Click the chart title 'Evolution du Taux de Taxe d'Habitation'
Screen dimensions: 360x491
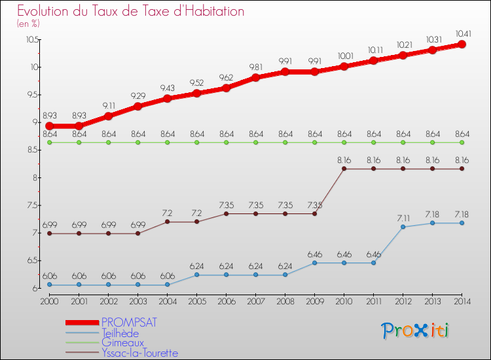click(131, 11)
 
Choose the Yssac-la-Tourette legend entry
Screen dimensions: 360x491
click(139, 353)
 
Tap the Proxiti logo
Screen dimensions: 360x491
click(415, 330)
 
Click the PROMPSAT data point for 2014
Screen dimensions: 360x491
click(462, 45)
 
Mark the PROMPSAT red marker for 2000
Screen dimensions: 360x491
click(49, 126)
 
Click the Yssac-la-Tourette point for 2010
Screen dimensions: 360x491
click(344, 169)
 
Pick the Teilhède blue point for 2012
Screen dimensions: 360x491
click(403, 226)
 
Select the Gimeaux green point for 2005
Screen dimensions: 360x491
click(196, 142)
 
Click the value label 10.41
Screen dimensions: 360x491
click(462, 33)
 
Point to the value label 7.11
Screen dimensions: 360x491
click(403, 216)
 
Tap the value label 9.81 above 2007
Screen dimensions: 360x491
click(255, 66)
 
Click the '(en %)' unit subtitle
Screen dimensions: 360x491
click(28, 24)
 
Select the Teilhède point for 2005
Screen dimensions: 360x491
click(196, 275)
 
